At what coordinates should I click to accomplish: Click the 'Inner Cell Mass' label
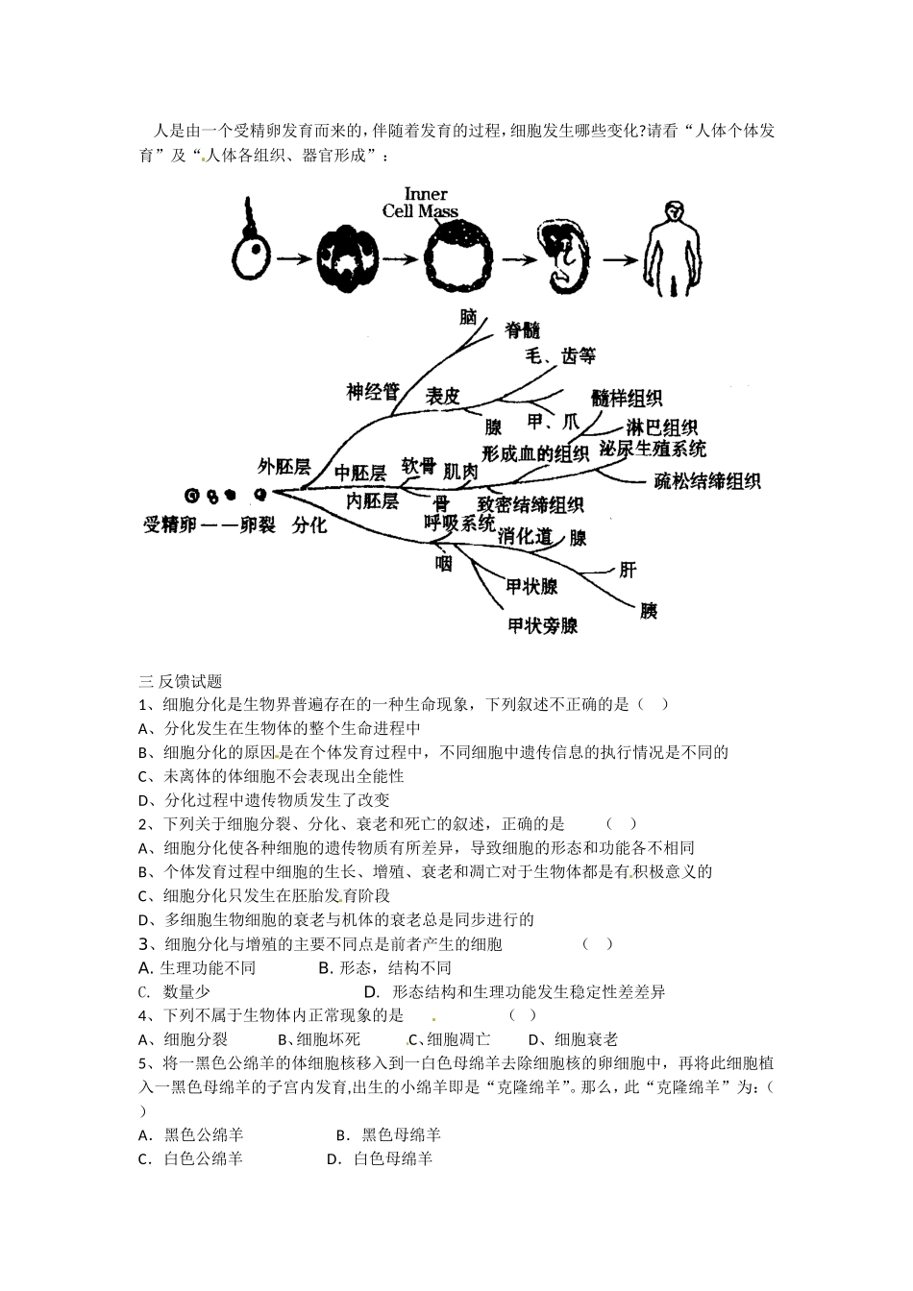[x=420, y=203]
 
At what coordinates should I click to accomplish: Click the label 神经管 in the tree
[x=373, y=391]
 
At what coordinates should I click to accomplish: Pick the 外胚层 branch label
[x=284, y=467]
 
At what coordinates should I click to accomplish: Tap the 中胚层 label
[x=359, y=473]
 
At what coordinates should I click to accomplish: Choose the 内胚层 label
[x=371, y=501]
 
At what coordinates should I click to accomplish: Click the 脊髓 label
[x=522, y=330]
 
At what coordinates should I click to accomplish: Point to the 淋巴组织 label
[x=661, y=427]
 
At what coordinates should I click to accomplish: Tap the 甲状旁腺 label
[x=543, y=625]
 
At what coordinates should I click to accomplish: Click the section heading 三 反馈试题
[x=181, y=681]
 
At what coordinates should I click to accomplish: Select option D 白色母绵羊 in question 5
[x=381, y=1158]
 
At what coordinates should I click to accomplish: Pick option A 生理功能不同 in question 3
[x=197, y=967]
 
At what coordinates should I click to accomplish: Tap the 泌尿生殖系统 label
[x=653, y=450]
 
